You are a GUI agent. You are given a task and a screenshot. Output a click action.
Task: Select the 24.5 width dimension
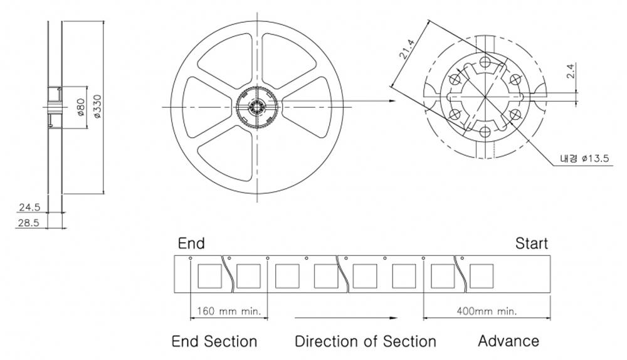[29, 207]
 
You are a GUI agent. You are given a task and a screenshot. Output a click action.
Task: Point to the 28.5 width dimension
[29, 223]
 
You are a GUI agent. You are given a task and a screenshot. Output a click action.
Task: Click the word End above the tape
[191, 243]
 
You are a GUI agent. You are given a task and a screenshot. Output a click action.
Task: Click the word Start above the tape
[531, 243]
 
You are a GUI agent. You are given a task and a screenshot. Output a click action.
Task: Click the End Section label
[214, 342]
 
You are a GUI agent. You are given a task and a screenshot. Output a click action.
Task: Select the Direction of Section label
[366, 342]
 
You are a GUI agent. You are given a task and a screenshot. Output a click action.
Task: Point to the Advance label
[508, 341]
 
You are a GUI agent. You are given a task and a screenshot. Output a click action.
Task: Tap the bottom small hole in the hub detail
[485, 133]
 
